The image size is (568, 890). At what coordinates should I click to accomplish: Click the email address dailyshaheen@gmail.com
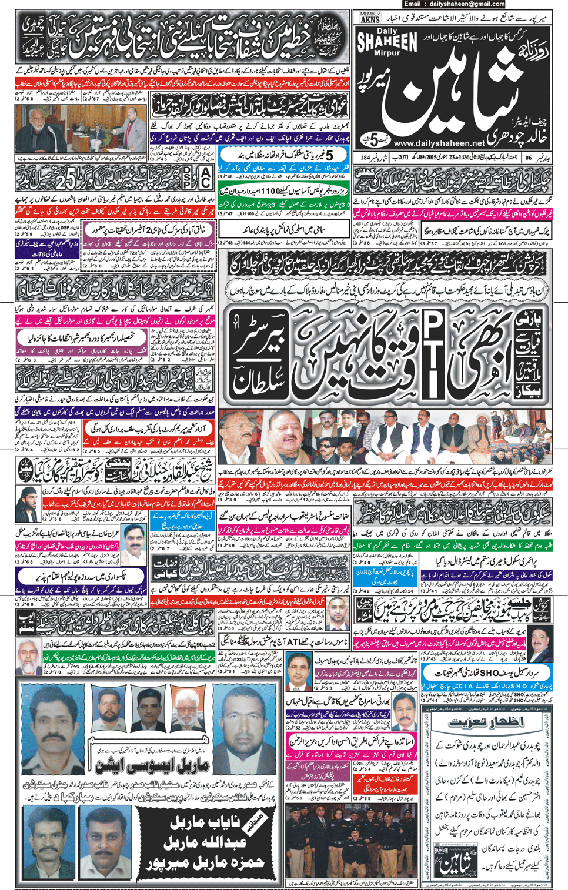click(481, 4)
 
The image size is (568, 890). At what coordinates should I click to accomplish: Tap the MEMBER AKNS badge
click(370, 18)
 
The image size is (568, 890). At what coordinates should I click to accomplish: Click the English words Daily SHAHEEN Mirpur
click(387, 42)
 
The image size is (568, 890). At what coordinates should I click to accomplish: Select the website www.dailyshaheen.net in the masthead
click(439, 143)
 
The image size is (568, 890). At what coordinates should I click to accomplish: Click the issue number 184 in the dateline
click(365, 158)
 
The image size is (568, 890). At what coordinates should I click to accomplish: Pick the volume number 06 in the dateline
click(528, 158)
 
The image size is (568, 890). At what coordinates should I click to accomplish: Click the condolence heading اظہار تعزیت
click(486, 722)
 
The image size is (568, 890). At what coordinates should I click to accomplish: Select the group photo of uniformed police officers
click(352, 841)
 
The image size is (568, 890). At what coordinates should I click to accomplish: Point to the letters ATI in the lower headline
click(294, 641)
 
